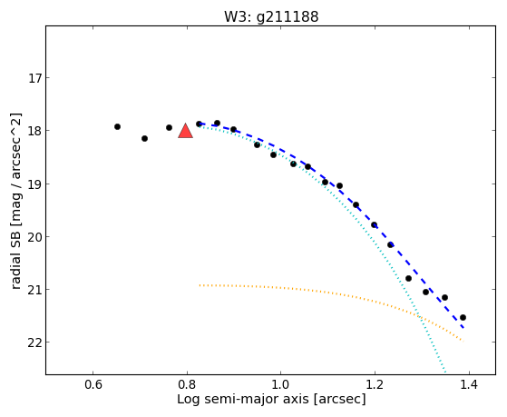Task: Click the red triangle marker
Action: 186,131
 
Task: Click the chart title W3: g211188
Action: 271,16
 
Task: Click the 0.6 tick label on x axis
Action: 93,384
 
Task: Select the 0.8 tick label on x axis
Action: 187,384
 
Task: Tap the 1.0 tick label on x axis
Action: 280,384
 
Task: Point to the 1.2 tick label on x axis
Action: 375,384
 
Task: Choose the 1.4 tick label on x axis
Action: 469,384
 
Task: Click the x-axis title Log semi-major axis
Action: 243,399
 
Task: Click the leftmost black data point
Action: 117,126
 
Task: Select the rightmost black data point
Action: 463,318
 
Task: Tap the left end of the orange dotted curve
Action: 200,285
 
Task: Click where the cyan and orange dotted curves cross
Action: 419,316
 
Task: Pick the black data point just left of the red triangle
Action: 169,128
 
